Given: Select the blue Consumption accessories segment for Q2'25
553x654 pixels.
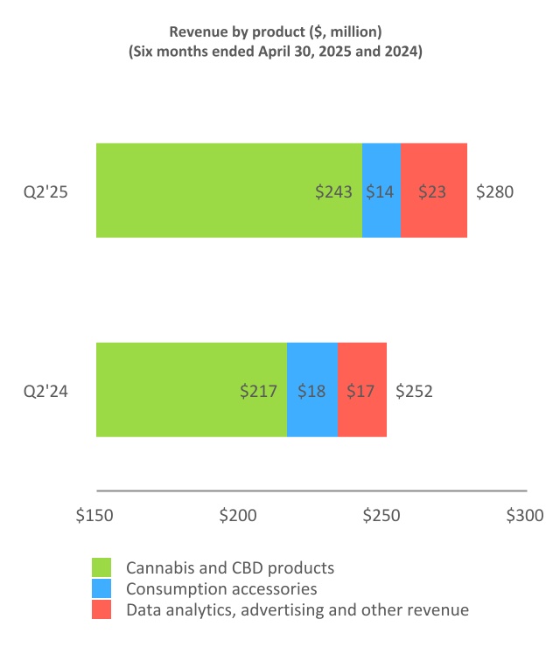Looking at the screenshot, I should click(x=381, y=191).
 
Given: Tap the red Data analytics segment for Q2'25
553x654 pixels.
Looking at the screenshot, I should click(x=434, y=191).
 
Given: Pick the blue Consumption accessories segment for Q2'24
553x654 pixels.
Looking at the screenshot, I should click(x=312, y=390).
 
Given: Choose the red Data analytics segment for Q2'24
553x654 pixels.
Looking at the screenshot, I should click(x=362, y=390).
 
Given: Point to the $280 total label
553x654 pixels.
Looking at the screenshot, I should click(x=494, y=191).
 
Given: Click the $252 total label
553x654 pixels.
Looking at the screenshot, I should click(x=414, y=391).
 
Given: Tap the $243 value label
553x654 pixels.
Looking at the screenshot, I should click(x=334, y=191).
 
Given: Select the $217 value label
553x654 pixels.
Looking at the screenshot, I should click(x=259, y=391).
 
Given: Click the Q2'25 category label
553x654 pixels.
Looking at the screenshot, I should click(x=45, y=191).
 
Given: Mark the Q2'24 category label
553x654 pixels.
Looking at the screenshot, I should click(x=45, y=391).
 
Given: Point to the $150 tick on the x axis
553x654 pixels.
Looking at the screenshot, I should click(x=94, y=516).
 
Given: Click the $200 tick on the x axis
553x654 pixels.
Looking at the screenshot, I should click(x=238, y=516).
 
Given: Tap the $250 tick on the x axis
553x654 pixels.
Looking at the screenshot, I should click(x=381, y=516).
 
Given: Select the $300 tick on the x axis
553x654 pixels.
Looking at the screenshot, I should click(x=525, y=516).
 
